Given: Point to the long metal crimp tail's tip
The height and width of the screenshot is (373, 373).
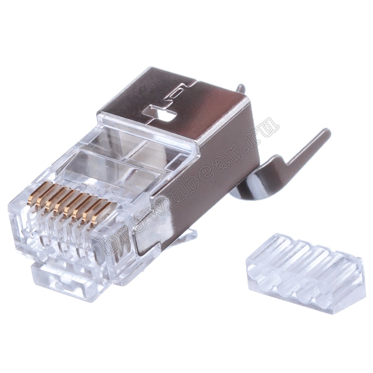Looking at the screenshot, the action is click(x=327, y=131).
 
